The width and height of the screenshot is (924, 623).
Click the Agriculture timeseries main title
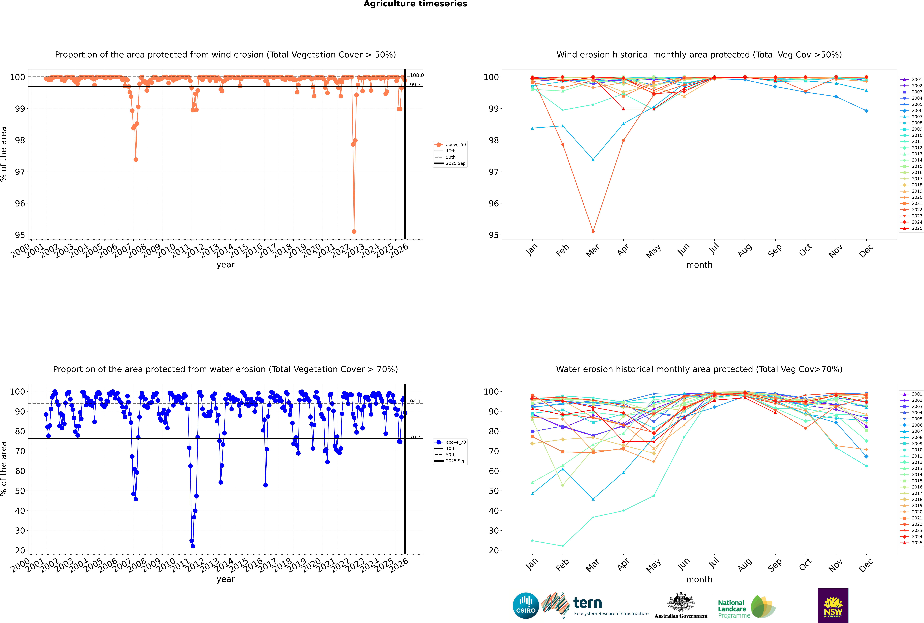[415, 4]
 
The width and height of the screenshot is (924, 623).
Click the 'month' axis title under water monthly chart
[699, 579]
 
